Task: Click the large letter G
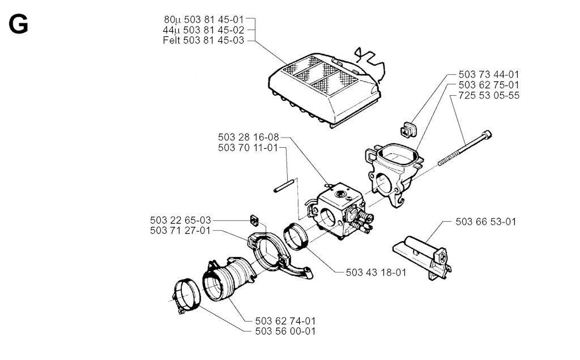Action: coord(18,25)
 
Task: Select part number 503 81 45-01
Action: coord(214,19)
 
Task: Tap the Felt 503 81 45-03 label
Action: coord(203,40)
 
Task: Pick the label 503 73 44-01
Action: coord(489,74)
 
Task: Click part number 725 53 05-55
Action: coord(489,95)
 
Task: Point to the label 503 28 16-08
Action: coord(248,137)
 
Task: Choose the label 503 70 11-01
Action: coord(248,148)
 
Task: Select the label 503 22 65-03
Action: coord(181,220)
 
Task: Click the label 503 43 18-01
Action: coord(376,272)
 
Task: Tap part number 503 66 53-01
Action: coord(485,222)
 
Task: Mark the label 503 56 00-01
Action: coord(285,331)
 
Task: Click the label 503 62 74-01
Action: coord(285,321)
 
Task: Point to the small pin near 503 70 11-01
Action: coord(284,186)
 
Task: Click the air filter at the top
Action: coord(325,90)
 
